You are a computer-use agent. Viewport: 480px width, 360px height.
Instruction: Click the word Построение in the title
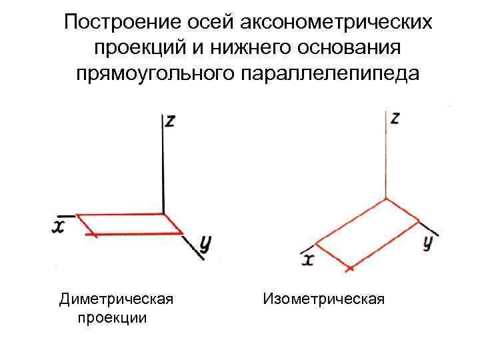coord(115,23)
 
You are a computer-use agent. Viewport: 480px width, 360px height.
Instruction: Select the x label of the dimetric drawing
coord(59,227)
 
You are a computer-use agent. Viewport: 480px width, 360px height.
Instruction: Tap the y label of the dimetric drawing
coord(205,245)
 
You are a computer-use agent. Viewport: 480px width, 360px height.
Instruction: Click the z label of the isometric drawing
coord(395,118)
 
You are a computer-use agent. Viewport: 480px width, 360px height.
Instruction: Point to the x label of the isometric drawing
coord(307,258)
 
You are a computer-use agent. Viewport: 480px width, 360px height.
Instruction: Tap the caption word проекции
coord(113,317)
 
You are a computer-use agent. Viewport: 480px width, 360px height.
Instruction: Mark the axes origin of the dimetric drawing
coord(163,213)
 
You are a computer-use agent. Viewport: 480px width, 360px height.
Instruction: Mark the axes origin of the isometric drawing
coord(386,199)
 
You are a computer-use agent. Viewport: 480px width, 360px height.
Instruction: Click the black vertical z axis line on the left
coord(163,167)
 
